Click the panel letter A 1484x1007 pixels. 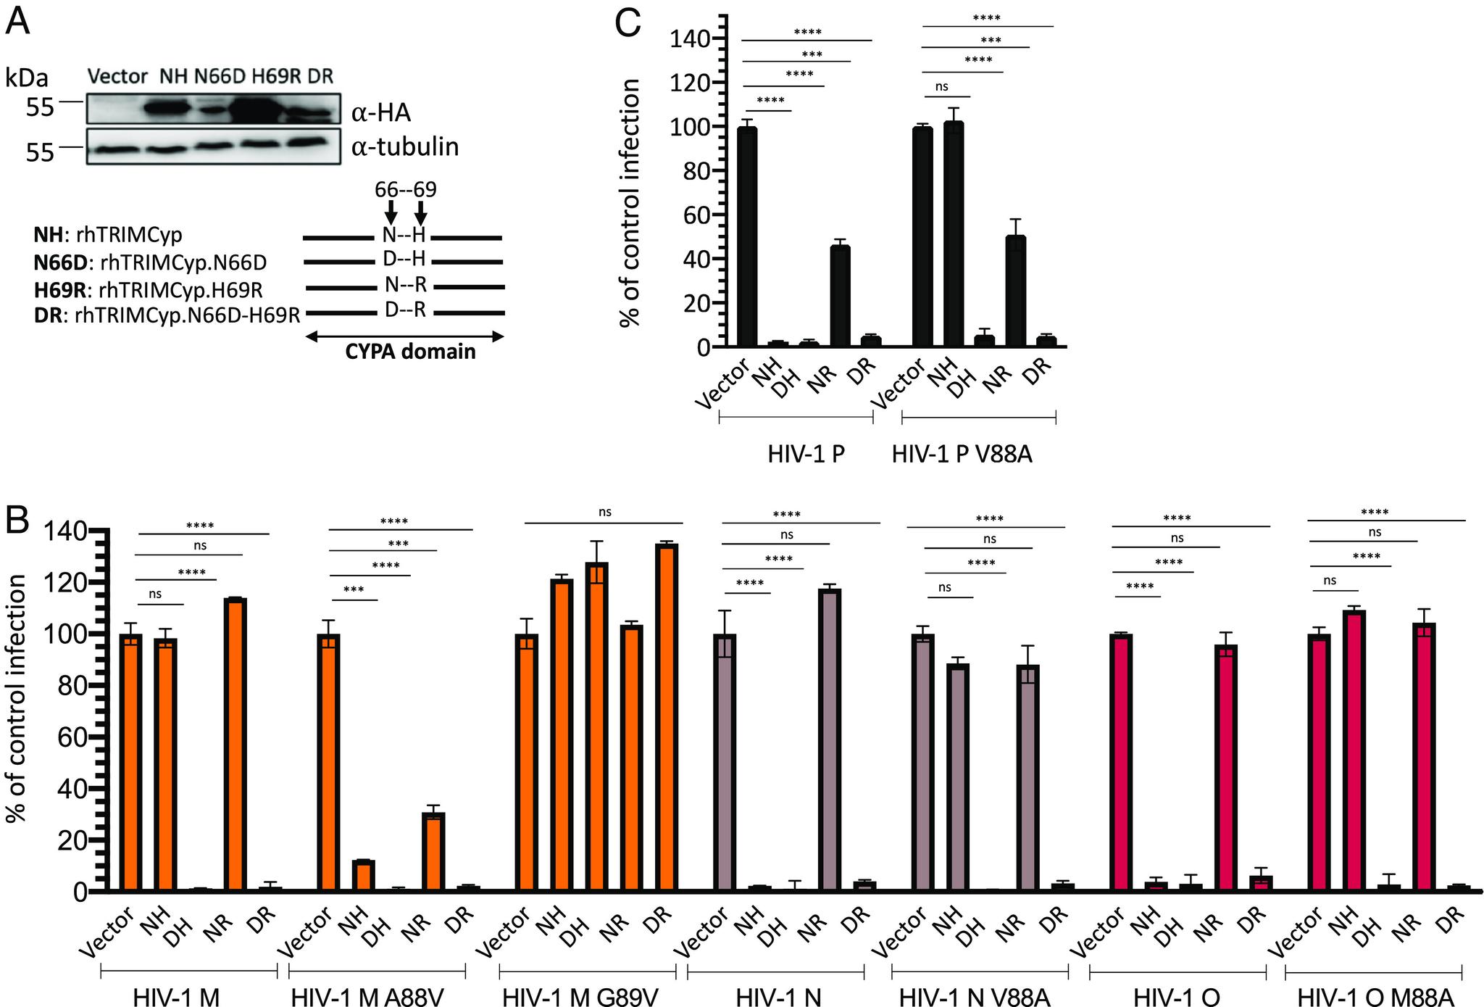(18, 22)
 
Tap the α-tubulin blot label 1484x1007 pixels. (405, 147)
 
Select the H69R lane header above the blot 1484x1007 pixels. (275, 76)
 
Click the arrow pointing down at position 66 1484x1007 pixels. (391, 212)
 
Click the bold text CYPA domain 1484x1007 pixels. (410, 352)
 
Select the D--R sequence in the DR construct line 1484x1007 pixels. (405, 311)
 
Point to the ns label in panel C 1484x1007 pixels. (941, 87)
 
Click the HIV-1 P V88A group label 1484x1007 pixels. (962, 455)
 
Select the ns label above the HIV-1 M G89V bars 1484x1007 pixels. (605, 512)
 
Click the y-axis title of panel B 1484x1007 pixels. (16, 698)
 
